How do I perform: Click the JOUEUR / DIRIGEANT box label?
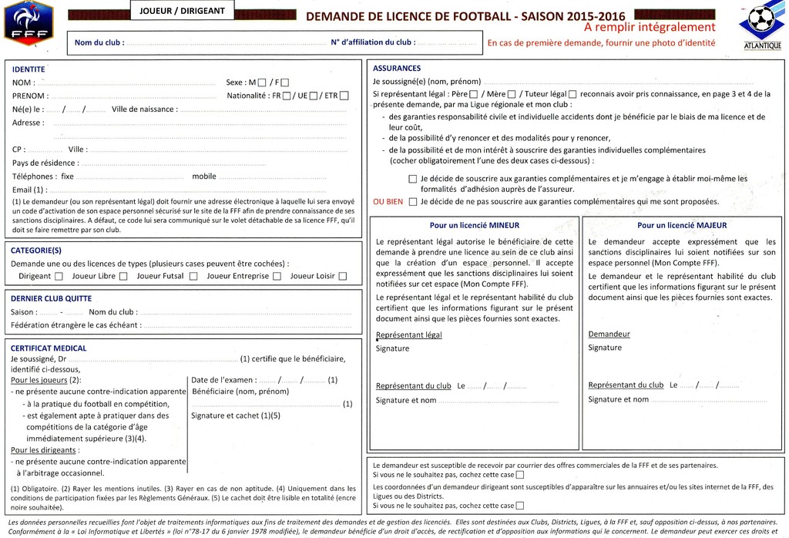pyautogui.click(x=183, y=11)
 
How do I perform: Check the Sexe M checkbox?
pyautogui.click(x=263, y=82)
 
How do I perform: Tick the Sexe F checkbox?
pyautogui.click(x=285, y=82)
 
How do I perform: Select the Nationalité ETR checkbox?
pyautogui.click(x=344, y=96)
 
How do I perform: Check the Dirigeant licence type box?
pyautogui.click(x=59, y=276)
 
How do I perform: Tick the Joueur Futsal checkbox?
pyautogui.click(x=193, y=276)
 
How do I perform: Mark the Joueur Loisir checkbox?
pyautogui.click(x=342, y=276)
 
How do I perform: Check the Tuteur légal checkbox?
pyautogui.click(x=572, y=94)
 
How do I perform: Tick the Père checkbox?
pyautogui.click(x=473, y=94)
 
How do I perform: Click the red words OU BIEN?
pyautogui.click(x=388, y=202)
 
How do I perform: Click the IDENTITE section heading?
pyautogui.click(x=29, y=69)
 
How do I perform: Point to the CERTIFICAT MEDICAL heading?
pyautogui.click(x=49, y=348)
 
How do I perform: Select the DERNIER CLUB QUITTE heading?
pyautogui.click(x=51, y=298)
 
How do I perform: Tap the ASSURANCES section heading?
pyautogui.click(x=396, y=69)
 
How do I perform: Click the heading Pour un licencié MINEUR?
pyautogui.click(x=474, y=226)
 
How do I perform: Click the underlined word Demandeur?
pyautogui.click(x=609, y=334)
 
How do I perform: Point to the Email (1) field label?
pyautogui.click(x=30, y=190)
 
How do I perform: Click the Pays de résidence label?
pyautogui.click(x=45, y=163)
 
